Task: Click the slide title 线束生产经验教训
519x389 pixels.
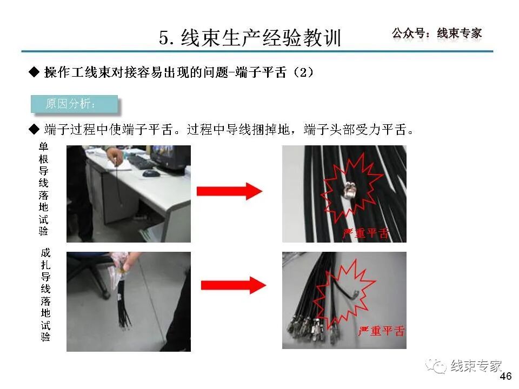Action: pyautogui.click(x=250, y=37)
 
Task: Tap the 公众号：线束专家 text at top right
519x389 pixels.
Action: pyautogui.click(x=436, y=33)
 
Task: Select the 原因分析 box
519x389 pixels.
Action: pyautogui.click(x=74, y=104)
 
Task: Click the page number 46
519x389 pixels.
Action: pyautogui.click(x=505, y=377)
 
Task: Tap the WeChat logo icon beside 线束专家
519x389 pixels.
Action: pyautogui.click(x=436, y=366)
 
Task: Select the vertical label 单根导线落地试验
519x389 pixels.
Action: pyautogui.click(x=44, y=189)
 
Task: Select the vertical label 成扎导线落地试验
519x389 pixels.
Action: pyautogui.click(x=45, y=294)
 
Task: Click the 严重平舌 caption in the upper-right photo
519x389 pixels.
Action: pyautogui.click(x=366, y=233)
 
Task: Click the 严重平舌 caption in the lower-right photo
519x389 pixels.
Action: pyautogui.click(x=381, y=331)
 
